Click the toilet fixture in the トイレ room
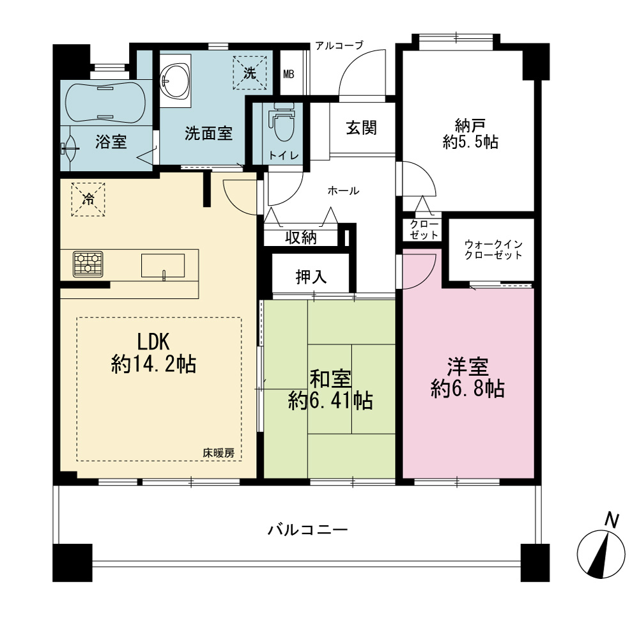tap(281, 121)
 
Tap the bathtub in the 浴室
tap(105, 102)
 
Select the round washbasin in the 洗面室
tap(175, 81)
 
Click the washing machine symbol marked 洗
tap(249, 73)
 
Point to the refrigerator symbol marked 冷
tap(88, 199)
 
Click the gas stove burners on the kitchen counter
tap(88, 264)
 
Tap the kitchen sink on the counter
tap(162, 266)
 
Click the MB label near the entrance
tap(289, 74)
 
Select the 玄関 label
tap(361, 128)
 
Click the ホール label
tap(343, 190)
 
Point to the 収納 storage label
tap(301, 237)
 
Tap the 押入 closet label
tap(311, 277)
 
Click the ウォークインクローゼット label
tap(493, 250)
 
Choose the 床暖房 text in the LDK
tap(219, 453)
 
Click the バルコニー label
tap(308, 530)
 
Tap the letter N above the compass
tap(612, 520)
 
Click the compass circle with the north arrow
tap(601, 554)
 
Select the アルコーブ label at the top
tap(339, 45)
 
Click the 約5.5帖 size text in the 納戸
tap(470, 142)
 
